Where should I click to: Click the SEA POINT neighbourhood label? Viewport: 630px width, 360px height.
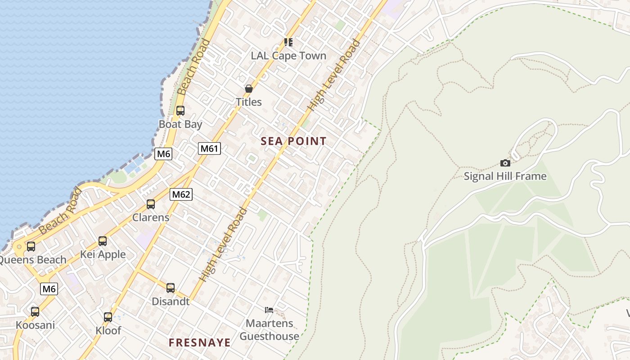[x=293, y=141]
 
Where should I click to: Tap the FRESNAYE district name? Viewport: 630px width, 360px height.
[x=199, y=342]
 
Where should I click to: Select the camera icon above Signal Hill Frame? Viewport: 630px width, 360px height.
[x=505, y=163]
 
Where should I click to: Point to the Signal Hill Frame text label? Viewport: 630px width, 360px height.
[x=505, y=176]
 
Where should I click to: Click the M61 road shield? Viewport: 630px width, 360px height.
[x=209, y=148]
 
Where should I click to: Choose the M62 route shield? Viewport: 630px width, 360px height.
[x=181, y=194]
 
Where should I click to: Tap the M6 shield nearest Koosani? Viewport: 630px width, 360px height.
[x=49, y=289]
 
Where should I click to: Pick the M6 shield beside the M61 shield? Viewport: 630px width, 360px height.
[x=163, y=154]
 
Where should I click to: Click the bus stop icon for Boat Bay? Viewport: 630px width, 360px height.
[x=180, y=110]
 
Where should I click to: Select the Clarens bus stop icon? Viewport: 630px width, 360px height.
[x=151, y=204]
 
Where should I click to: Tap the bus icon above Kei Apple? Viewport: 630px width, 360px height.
[x=103, y=241]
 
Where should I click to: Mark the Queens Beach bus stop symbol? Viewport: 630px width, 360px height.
[x=31, y=247]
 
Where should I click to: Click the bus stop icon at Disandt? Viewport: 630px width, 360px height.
[x=171, y=288]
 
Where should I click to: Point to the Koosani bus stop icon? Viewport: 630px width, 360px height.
[x=35, y=311]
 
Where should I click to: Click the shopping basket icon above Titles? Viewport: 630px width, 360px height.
[x=248, y=89]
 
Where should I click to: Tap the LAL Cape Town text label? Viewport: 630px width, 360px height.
[x=288, y=56]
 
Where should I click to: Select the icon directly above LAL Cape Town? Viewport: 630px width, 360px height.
[x=288, y=42]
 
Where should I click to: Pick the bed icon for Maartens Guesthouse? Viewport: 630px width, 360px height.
[x=269, y=310]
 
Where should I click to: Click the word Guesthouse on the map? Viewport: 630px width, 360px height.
[x=269, y=336]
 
